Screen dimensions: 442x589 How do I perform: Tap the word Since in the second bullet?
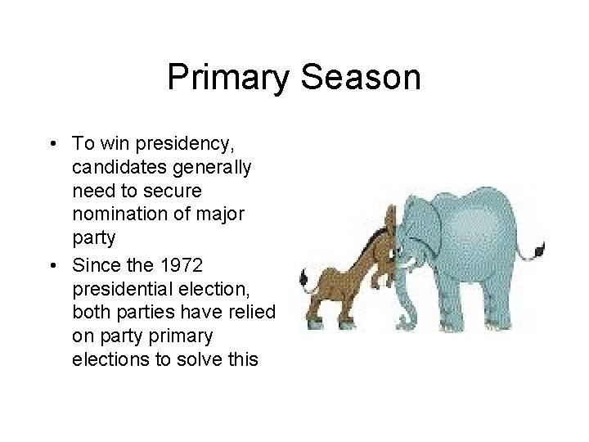(92, 267)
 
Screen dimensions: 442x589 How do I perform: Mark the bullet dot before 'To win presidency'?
(52, 145)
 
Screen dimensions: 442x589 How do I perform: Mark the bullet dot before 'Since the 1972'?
(52, 268)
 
